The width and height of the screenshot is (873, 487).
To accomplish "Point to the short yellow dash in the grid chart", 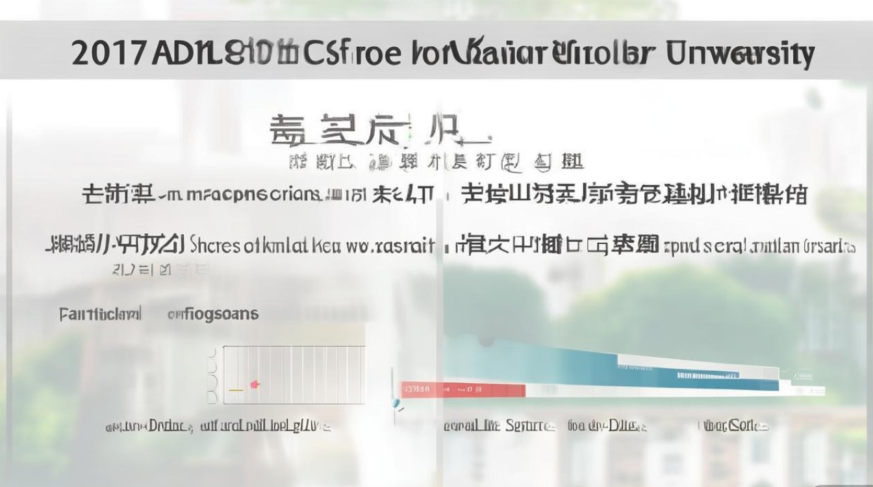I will point(236,390).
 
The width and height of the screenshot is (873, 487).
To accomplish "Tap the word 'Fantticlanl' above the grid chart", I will point(100,315).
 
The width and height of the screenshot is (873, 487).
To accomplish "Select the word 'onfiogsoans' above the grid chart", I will point(212,315).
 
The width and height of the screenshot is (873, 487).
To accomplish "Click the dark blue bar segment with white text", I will point(708,375).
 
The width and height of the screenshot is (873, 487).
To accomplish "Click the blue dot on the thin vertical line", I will point(393,403).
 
